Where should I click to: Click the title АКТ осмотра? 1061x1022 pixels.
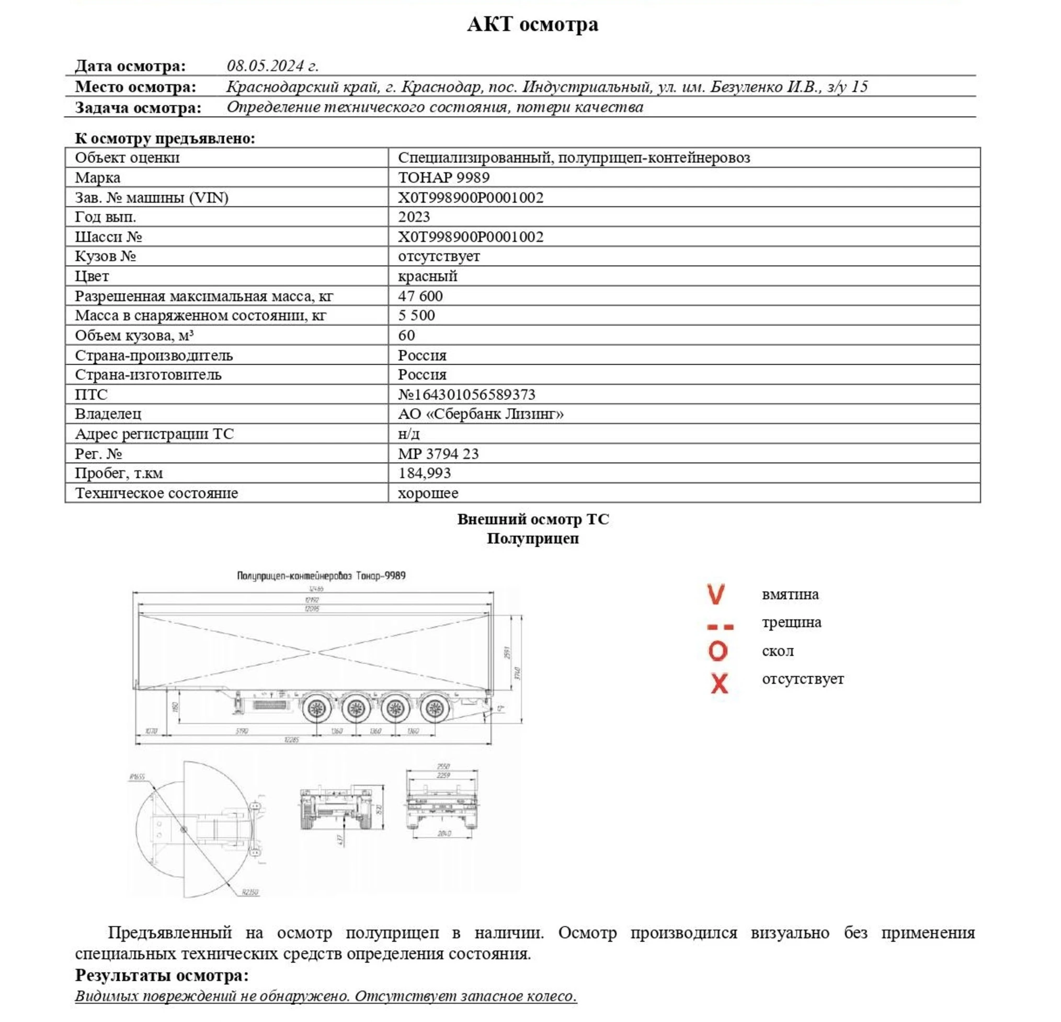pos(533,25)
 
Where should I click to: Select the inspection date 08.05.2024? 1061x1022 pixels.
pos(272,65)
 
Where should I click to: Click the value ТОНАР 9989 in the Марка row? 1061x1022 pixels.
pos(443,177)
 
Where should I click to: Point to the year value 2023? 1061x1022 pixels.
pos(414,217)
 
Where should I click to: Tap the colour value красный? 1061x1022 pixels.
pos(427,276)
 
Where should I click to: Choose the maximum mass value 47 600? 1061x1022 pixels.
pos(420,296)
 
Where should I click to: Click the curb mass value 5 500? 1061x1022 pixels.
pos(416,315)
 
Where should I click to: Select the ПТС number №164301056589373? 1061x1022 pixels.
pos(466,394)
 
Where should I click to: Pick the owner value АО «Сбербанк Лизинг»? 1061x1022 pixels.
pos(481,414)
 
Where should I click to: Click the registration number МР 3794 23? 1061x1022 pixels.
pos(438,453)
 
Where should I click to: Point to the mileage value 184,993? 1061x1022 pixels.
pos(424,473)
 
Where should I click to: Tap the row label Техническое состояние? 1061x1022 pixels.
pos(156,493)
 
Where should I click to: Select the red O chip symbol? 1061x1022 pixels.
pos(718,651)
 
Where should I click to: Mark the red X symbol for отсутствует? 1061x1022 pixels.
pos(719,683)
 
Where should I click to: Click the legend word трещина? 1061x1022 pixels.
pos(791,622)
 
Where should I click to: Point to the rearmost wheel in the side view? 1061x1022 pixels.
pos(435,707)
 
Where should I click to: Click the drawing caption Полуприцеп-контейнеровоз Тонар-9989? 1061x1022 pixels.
pos(321,575)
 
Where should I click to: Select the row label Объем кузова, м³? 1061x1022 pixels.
pos(134,335)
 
